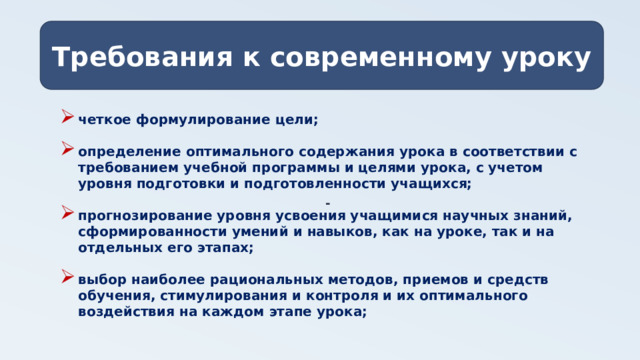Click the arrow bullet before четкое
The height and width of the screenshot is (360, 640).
click(66, 118)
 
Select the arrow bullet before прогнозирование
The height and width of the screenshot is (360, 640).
click(66, 214)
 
